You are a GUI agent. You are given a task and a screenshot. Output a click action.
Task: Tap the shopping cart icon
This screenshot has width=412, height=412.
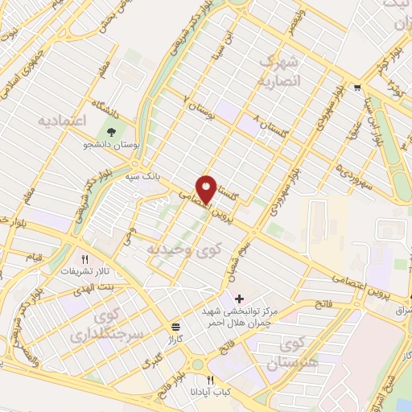(x=356, y=89)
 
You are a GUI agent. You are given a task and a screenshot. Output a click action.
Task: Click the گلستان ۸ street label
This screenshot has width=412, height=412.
(x=270, y=123)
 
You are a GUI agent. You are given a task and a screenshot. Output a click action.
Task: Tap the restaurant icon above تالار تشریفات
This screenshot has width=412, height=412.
(x=85, y=259)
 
